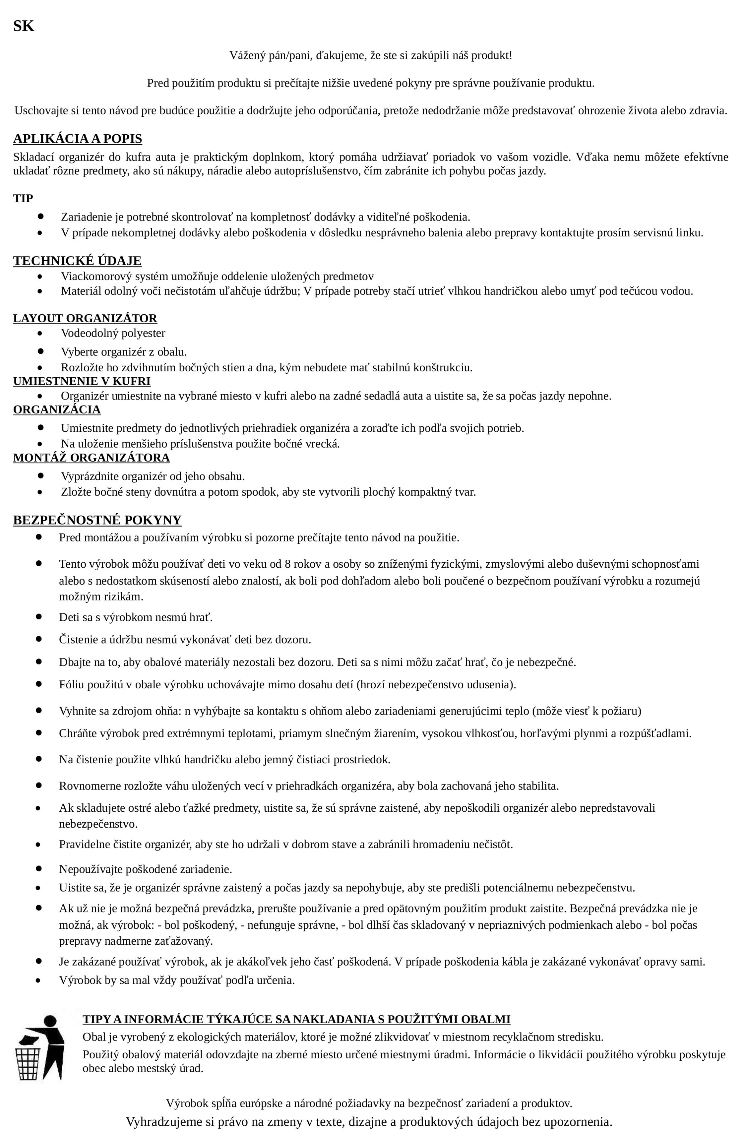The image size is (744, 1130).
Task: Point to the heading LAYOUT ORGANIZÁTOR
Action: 85,318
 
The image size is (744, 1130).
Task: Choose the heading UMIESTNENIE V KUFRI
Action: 82,381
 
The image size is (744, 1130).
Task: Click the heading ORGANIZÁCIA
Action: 57,409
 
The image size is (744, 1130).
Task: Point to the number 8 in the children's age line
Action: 287,564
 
